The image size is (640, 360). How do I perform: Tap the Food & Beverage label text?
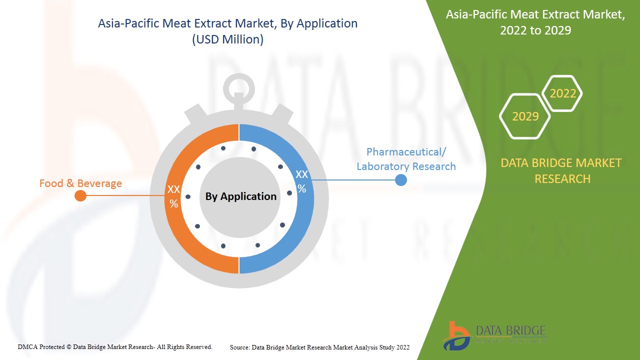click(x=80, y=183)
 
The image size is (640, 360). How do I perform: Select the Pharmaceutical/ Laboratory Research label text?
click(x=406, y=159)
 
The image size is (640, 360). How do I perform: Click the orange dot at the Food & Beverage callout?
click(x=80, y=195)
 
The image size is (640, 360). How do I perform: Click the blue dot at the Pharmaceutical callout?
click(x=400, y=180)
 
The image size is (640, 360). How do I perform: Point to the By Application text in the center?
click(x=240, y=196)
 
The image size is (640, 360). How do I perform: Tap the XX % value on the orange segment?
click(x=173, y=196)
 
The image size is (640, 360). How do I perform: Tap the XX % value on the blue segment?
click(x=301, y=181)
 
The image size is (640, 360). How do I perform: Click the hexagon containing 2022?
click(x=562, y=93)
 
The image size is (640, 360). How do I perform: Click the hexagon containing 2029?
click(x=525, y=116)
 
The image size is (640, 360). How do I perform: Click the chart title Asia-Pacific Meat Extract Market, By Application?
click(x=227, y=23)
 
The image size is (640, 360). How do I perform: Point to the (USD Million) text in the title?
click(x=227, y=39)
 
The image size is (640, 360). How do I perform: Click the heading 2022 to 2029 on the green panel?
click(x=535, y=30)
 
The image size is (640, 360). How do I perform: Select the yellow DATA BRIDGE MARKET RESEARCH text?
click(x=560, y=170)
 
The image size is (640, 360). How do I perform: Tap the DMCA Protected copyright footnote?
click(x=115, y=346)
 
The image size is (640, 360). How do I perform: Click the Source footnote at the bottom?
click(x=319, y=347)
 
